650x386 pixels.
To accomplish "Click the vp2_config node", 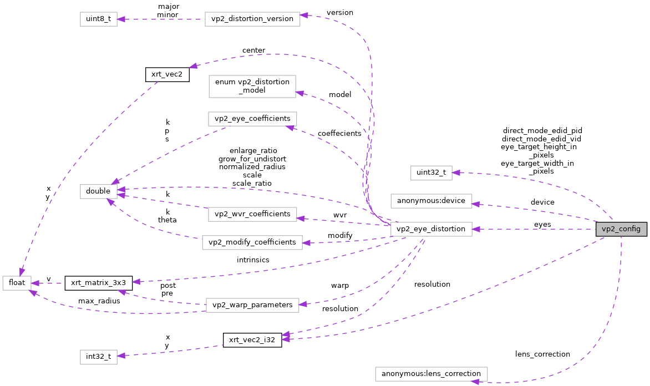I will click(x=621, y=228).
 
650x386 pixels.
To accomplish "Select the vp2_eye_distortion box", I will click(x=431, y=228).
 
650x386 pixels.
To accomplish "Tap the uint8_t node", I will click(x=98, y=19).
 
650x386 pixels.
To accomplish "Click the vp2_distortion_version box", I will click(x=252, y=19).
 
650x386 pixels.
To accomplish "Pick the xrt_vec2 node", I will click(x=167, y=74).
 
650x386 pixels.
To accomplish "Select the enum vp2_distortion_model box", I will click(x=252, y=86).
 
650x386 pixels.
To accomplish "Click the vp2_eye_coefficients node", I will click(x=252, y=119).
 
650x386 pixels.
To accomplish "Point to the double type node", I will click(x=98, y=191).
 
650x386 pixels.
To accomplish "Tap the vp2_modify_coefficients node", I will click(x=252, y=242).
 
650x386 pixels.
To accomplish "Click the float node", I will click(x=17, y=282).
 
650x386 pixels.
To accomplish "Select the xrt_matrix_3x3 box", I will click(x=98, y=282).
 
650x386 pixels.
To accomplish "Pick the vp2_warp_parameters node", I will click(x=252, y=305).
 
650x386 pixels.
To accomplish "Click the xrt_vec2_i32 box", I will click(x=252, y=340).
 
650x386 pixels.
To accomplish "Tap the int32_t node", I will click(x=98, y=357).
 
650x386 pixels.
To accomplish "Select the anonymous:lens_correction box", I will click(x=431, y=374).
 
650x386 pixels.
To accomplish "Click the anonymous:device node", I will click(x=431, y=201).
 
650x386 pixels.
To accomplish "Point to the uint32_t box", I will click(x=431, y=172).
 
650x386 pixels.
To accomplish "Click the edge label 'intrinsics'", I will click(x=252, y=259).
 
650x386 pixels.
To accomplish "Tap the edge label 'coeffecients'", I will click(x=339, y=134).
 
